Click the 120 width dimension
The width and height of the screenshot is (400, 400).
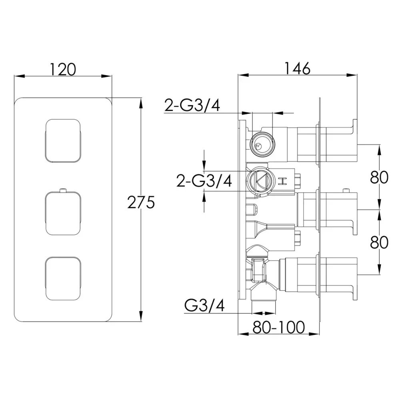click(63, 69)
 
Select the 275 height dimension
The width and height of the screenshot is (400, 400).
click(141, 202)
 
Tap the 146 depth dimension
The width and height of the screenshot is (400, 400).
click(297, 68)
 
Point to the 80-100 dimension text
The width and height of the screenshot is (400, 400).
click(279, 327)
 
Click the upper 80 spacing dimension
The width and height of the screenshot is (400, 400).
click(379, 177)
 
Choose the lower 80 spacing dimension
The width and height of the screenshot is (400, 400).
click(379, 242)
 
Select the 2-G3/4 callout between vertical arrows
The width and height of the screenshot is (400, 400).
click(204, 181)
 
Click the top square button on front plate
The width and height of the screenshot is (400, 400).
click(63, 140)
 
